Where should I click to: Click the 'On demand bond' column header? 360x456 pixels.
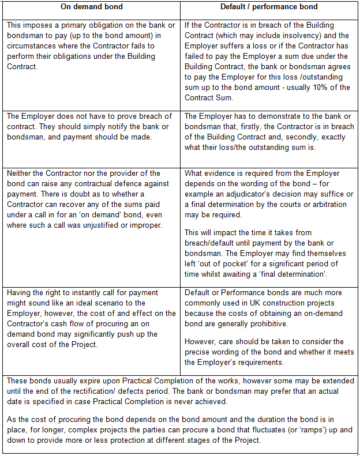click(x=91, y=7)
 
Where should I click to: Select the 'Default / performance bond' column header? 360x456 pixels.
click(x=269, y=7)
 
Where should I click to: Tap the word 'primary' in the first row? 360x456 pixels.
click(x=80, y=25)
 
